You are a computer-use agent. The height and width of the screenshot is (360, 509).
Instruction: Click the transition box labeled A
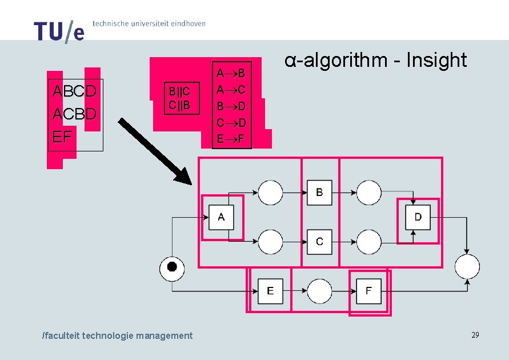tap(222, 217)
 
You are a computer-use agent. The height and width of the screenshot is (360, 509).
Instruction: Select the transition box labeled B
tap(319, 192)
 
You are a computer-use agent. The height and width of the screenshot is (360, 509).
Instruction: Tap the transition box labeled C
tap(319, 242)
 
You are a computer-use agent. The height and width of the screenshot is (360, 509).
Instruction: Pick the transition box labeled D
tap(418, 217)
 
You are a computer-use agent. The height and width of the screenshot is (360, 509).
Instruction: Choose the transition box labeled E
tap(270, 291)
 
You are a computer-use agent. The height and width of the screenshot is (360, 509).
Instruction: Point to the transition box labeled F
tap(368, 291)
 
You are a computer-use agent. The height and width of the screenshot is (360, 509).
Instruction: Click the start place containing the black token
tap(172, 267)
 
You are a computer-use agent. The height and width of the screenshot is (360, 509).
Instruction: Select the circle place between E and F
tap(319, 291)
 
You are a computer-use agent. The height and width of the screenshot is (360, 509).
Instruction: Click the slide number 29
tap(475, 335)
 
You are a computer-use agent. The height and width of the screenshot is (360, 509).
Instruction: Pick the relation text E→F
tap(231, 138)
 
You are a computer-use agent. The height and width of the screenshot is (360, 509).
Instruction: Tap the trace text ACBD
tap(74, 114)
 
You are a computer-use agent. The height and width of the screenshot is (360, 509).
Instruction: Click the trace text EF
tap(62, 137)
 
